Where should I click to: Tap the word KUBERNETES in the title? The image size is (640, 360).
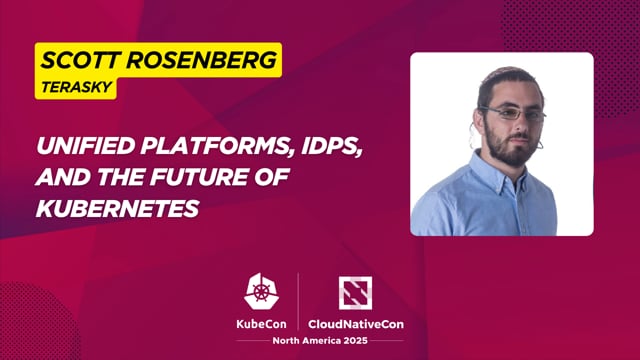pos(116,209)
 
